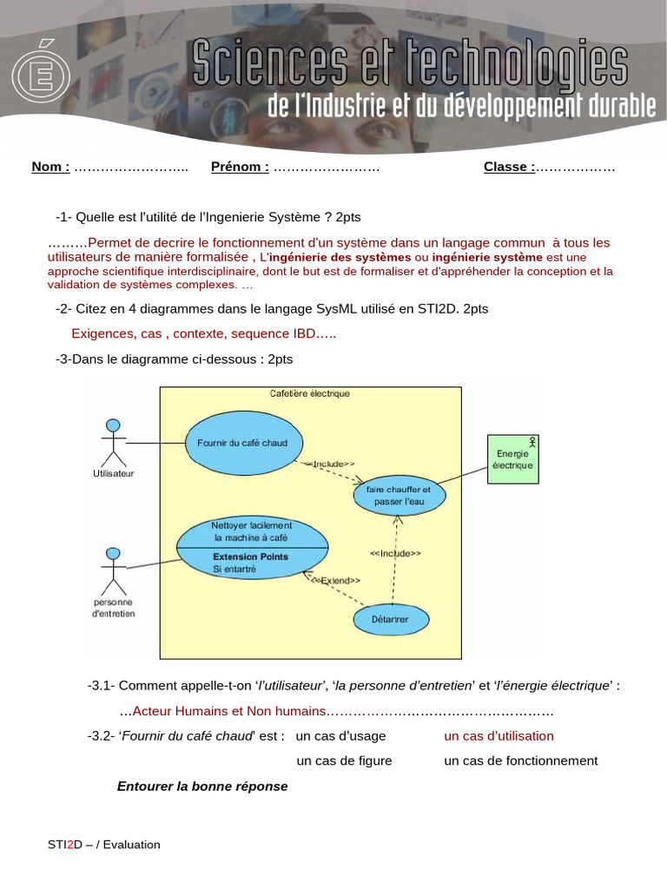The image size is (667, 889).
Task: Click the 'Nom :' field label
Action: pyautogui.click(x=50, y=168)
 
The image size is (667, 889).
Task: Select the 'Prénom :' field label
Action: pyautogui.click(x=240, y=168)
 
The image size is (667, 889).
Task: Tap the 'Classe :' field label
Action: pyautogui.click(x=509, y=168)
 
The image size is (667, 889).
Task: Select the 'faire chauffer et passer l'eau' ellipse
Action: pyautogui.click(x=399, y=496)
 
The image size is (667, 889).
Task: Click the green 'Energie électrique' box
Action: pyautogui.click(x=512, y=458)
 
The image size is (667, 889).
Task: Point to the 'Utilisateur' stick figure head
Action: pyautogui.click(x=112, y=425)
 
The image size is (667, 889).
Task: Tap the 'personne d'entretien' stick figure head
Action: pyautogui.click(x=111, y=554)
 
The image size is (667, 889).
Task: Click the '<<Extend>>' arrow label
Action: pyautogui.click(x=335, y=580)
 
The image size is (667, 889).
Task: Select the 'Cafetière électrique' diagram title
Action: pyautogui.click(x=310, y=393)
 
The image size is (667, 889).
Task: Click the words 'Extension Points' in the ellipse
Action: pyautogui.click(x=250, y=556)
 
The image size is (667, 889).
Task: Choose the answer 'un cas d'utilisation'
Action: pyautogui.click(x=499, y=736)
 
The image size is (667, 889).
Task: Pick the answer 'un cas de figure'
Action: pyautogui.click(x=344, y=761)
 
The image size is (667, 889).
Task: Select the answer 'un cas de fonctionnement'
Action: pyautogui.click(x=520, y=761)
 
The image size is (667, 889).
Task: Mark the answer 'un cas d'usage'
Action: pyautogui.click(x=341, y=736)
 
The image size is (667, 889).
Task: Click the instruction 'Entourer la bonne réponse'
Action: pyautogui.click(x=202, y=787)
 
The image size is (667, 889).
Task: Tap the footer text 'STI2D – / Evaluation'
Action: pyautogui.click(x=104, y=845)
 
